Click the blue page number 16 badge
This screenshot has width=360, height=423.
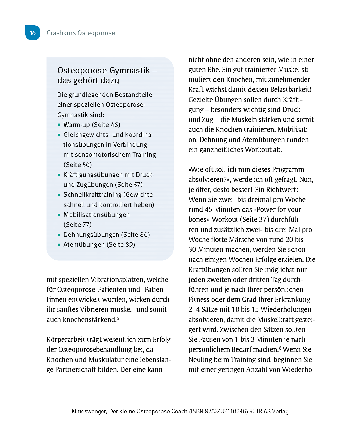point(33,33)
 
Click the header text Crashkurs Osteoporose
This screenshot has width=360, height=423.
point(81,33)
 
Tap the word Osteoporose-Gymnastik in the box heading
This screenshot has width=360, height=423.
point(104,70)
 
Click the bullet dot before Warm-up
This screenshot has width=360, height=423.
point(59,125)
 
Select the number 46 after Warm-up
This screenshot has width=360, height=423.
point(114,125)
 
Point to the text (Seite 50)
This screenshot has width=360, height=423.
point(77,165)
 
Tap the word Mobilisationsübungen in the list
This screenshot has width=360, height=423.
point(97,215)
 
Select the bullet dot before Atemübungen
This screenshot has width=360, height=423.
point(59,245)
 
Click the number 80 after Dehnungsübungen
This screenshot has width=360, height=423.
point(143,235)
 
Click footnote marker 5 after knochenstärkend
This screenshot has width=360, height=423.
point(118,318)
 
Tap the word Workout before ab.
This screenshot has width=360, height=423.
point(258,150)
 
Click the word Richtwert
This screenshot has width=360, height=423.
point(281,190)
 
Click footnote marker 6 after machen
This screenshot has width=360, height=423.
point(280,348)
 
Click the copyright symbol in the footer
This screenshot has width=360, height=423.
point(252,411)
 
